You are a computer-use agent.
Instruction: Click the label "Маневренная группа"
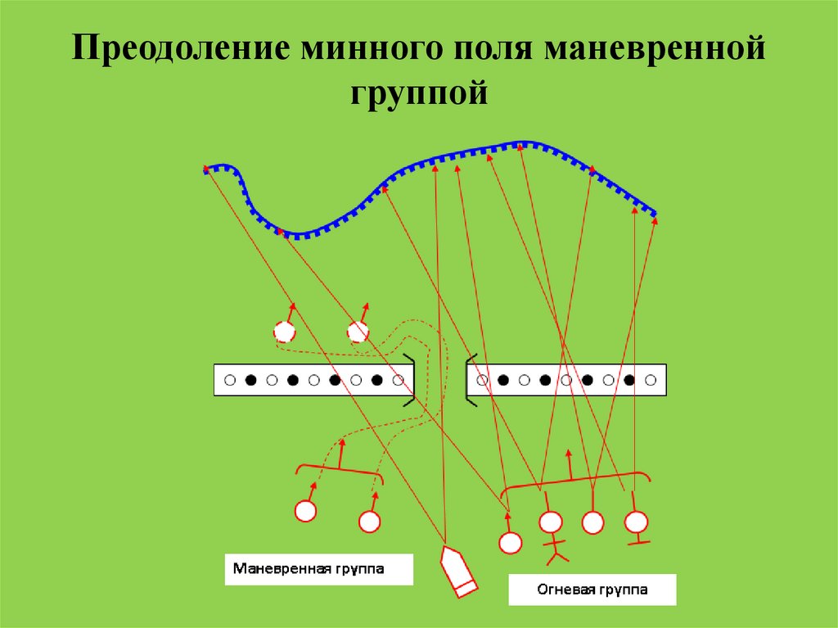click(x=319, y=567)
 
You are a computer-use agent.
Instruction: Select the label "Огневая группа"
click(x=592, y=589)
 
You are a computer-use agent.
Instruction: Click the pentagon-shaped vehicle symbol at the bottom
click(x=457, y=570)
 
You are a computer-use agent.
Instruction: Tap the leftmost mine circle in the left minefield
click(x=230, y=381)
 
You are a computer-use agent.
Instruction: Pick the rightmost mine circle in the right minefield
click(x=651, y=381)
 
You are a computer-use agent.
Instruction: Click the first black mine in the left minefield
click(x=251, y=381)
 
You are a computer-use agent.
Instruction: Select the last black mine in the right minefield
click(x=629, y=381)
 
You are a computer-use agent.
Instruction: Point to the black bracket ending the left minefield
click(x=408, y=381)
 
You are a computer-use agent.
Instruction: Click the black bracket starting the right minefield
click(x=471, y=381)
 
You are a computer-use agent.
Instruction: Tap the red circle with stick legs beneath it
click(x=551, y=522)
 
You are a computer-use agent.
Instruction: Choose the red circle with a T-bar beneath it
click(x=636, y=522)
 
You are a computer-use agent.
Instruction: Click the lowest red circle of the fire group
click(x=510, y=542)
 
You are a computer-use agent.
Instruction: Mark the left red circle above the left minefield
click(x=284, y=332)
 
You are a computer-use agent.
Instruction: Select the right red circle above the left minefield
click(x=358, y=332)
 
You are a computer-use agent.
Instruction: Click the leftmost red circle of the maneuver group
click(x=305, y=511)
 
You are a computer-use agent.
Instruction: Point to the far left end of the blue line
click(x=206, y=169)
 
